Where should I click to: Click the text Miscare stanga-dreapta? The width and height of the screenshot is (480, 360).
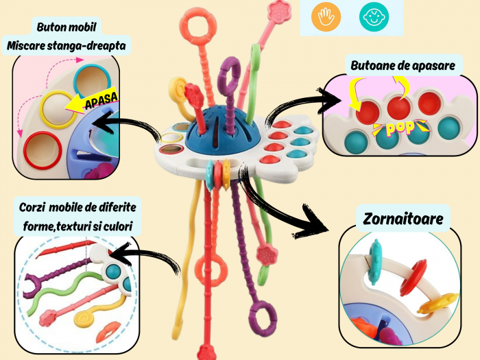[x=69, y=45]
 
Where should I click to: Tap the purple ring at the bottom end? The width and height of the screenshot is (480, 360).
[x=264, y=316]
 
